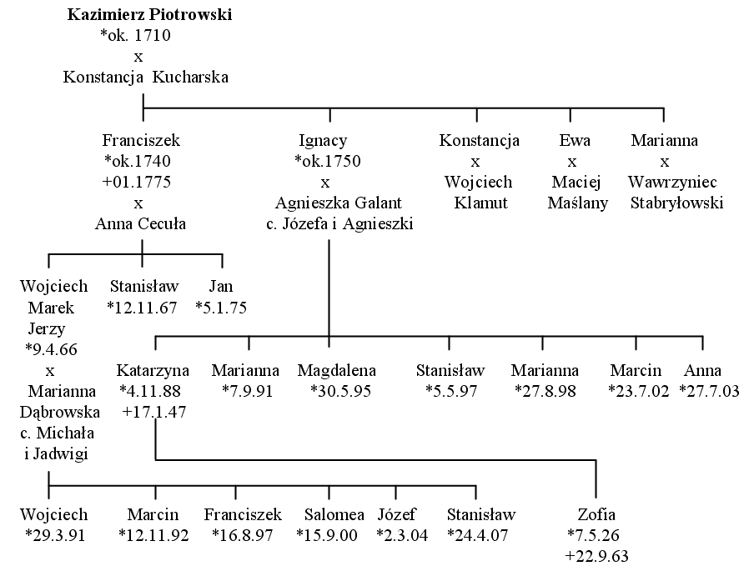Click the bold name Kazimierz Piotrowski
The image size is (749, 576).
(149, 14)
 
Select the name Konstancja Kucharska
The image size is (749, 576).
(146, 77)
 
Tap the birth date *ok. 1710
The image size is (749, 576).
(136, 35)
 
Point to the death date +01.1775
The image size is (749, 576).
(137, 182)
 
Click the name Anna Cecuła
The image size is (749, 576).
(140, 223)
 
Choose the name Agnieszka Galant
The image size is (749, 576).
(338, 203)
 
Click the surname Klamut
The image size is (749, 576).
(480, 203)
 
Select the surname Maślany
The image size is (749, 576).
(578, 203)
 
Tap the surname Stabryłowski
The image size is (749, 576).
(677, 203)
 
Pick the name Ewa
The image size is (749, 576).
(575, 140)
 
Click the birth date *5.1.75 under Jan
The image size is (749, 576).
(221, 308)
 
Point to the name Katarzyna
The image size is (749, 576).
(153, 370)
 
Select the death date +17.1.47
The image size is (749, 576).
(154, 412)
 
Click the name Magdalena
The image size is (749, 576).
(337, 370)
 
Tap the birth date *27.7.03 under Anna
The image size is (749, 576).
(709, 391)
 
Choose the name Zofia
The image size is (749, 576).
(596, 514)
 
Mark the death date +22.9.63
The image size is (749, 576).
(596, 556)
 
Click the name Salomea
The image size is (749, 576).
(334, 514)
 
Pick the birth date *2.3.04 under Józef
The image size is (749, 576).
(402, 535)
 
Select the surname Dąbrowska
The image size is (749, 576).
(60, 412)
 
